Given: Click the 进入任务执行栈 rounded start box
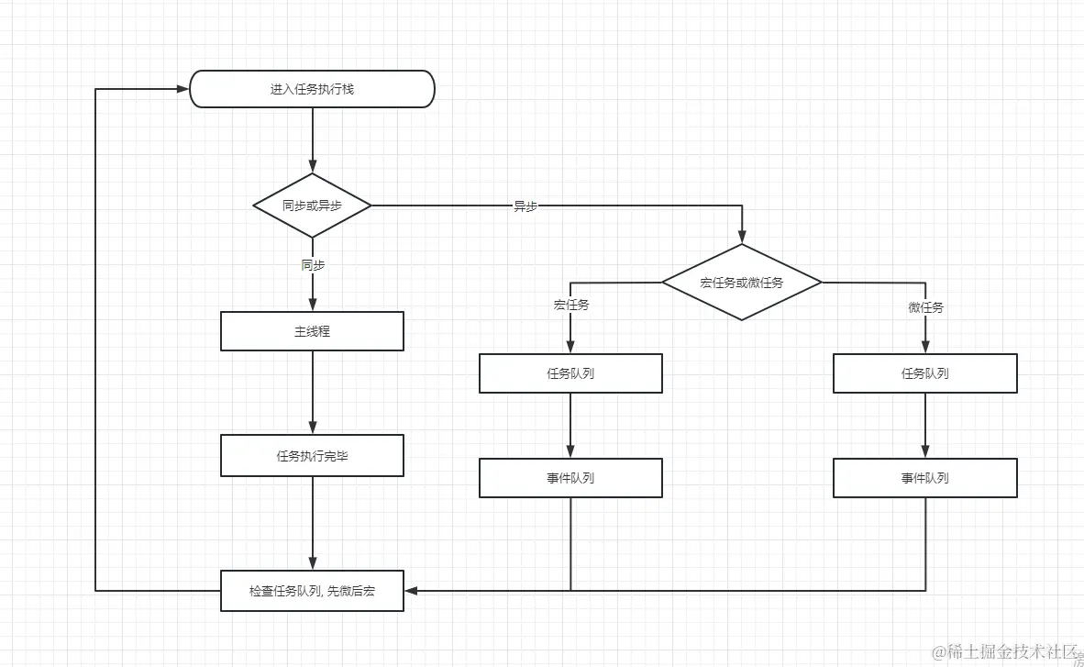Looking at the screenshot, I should click(312, 90).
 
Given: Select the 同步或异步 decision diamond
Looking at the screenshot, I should click(312, 206).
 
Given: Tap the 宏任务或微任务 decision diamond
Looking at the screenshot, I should click(741, 282).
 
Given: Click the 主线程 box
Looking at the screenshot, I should click(312, 331).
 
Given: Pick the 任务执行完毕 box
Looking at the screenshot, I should click(312, 455).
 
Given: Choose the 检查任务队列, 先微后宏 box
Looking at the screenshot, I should click(312, 591).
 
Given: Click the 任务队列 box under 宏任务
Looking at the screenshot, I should click(570, 373).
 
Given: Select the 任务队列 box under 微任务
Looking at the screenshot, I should click(924, 373).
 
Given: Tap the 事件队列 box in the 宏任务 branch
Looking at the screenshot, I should click(570, 478).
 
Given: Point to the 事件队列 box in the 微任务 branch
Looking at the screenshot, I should click(924, 478).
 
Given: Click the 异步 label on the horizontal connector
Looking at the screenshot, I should click(525, 206).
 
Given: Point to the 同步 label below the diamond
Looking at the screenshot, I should click(313, 264).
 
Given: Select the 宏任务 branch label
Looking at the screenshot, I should click(571, 306).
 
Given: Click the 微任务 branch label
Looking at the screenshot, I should click(925, 307).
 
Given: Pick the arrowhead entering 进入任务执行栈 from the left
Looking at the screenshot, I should click(182, 89).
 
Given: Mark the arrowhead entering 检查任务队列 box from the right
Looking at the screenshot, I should click(412, 591).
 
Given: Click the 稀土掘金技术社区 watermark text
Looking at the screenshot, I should click(1003, 651).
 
